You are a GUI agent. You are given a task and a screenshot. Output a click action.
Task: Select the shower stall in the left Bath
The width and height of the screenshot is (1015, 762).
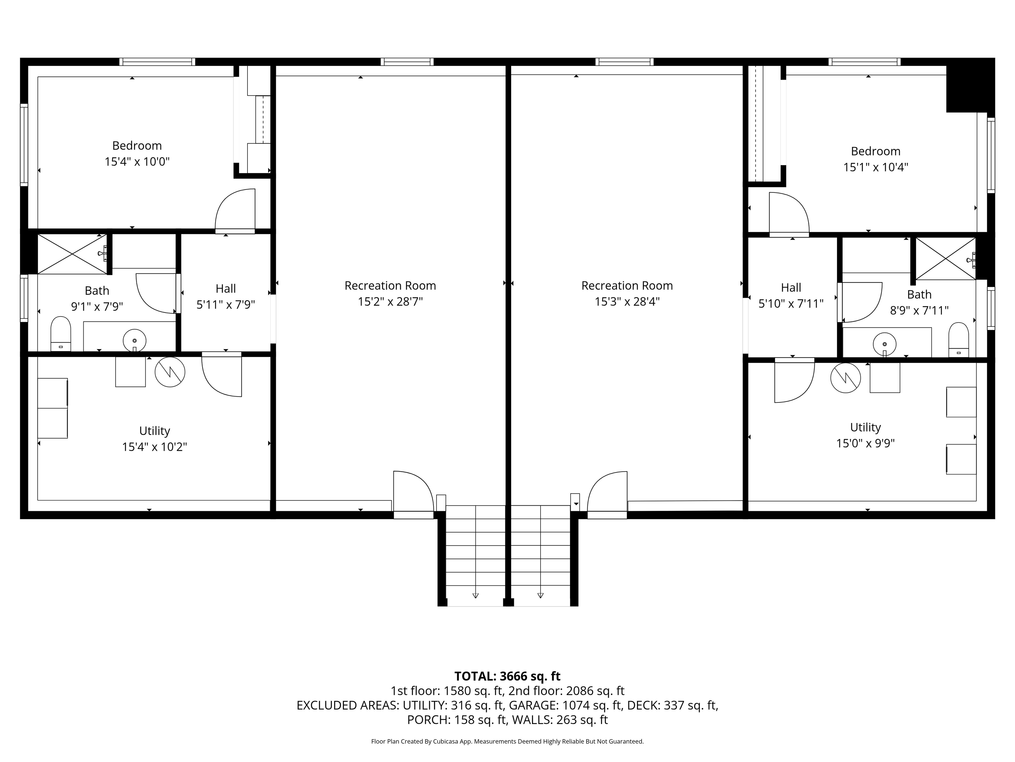[72, 254]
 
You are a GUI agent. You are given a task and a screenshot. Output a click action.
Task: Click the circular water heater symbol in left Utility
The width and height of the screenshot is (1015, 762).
[170, 372]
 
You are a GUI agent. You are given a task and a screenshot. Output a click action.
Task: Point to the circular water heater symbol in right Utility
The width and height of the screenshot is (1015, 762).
[845, 378]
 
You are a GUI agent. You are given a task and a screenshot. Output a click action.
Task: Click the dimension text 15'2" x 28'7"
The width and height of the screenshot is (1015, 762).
[390, 302]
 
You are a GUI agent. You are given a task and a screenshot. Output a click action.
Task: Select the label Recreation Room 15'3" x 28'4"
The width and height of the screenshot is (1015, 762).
[627, 293]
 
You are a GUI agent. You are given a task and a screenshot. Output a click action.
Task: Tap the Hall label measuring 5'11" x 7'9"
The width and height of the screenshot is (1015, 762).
[225, 296]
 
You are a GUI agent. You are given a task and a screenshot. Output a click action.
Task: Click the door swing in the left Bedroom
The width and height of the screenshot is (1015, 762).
[235, 209]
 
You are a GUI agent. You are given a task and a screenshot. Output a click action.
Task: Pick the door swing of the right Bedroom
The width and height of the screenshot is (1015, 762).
[789, 213]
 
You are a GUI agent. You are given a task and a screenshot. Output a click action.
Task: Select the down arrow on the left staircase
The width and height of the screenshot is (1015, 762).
[475, 596]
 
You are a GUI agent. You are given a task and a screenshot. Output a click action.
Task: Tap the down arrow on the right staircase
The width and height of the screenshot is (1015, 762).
[541, 596]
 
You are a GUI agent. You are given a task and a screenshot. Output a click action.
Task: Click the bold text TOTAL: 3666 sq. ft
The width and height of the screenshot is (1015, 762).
[507, 676]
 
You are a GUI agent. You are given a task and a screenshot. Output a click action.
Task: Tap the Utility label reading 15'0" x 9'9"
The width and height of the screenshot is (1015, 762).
[865, 435]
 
